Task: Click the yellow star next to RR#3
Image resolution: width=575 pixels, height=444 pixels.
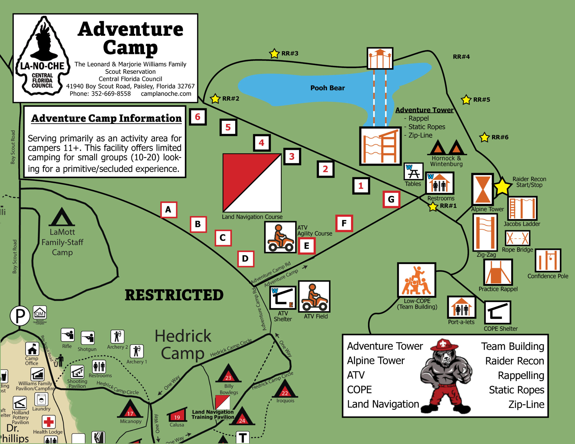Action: pos(274,53)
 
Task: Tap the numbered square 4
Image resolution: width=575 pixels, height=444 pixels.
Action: pos(261,143)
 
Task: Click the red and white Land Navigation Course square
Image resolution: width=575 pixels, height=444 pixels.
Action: pos(252,183)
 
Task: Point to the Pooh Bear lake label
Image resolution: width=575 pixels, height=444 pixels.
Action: pos(327,88)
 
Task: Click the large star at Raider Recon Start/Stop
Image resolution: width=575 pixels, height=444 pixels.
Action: pos(502,187)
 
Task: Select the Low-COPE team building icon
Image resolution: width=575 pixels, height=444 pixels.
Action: pos(416,280)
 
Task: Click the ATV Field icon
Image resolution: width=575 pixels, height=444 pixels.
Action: pos(314,297)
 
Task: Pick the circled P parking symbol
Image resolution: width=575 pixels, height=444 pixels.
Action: pos(20,316)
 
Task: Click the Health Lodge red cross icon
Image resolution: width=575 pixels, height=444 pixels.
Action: pos(49,422)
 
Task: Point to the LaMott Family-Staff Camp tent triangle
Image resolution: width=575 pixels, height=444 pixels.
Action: pos(62,217)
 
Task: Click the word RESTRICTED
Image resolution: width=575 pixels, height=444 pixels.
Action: pos(174,295)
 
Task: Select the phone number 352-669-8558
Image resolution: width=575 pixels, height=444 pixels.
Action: pos(111,94)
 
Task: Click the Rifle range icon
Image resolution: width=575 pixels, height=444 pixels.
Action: pos(68,335)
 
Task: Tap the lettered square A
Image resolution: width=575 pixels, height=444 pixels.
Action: pos(168,210)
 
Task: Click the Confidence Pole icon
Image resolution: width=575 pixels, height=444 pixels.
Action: pos(548,261)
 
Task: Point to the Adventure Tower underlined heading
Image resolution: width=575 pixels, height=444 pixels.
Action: pos(424,110)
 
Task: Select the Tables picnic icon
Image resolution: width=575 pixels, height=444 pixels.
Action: pos(413,172)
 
